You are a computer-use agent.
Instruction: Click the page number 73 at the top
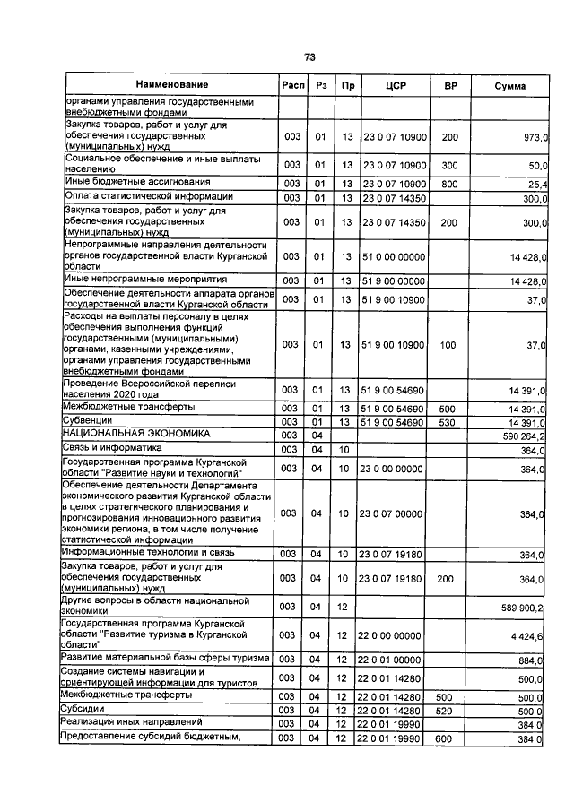pyautogui.click(x=309, y=56)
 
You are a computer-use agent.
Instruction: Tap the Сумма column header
pyautogui.click(x=510, y=85)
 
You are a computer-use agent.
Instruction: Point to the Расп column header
pyautogui.click(x=291, y=85)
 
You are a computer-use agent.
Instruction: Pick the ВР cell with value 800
pyautogui.click(x=450, y=184)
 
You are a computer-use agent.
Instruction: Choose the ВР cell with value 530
pyautogui.click(x=450, y=422)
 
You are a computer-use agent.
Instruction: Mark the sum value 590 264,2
pyautogui.click(x=523, y=436)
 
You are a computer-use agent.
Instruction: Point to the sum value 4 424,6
pyautogui.click(x=530, y=635)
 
